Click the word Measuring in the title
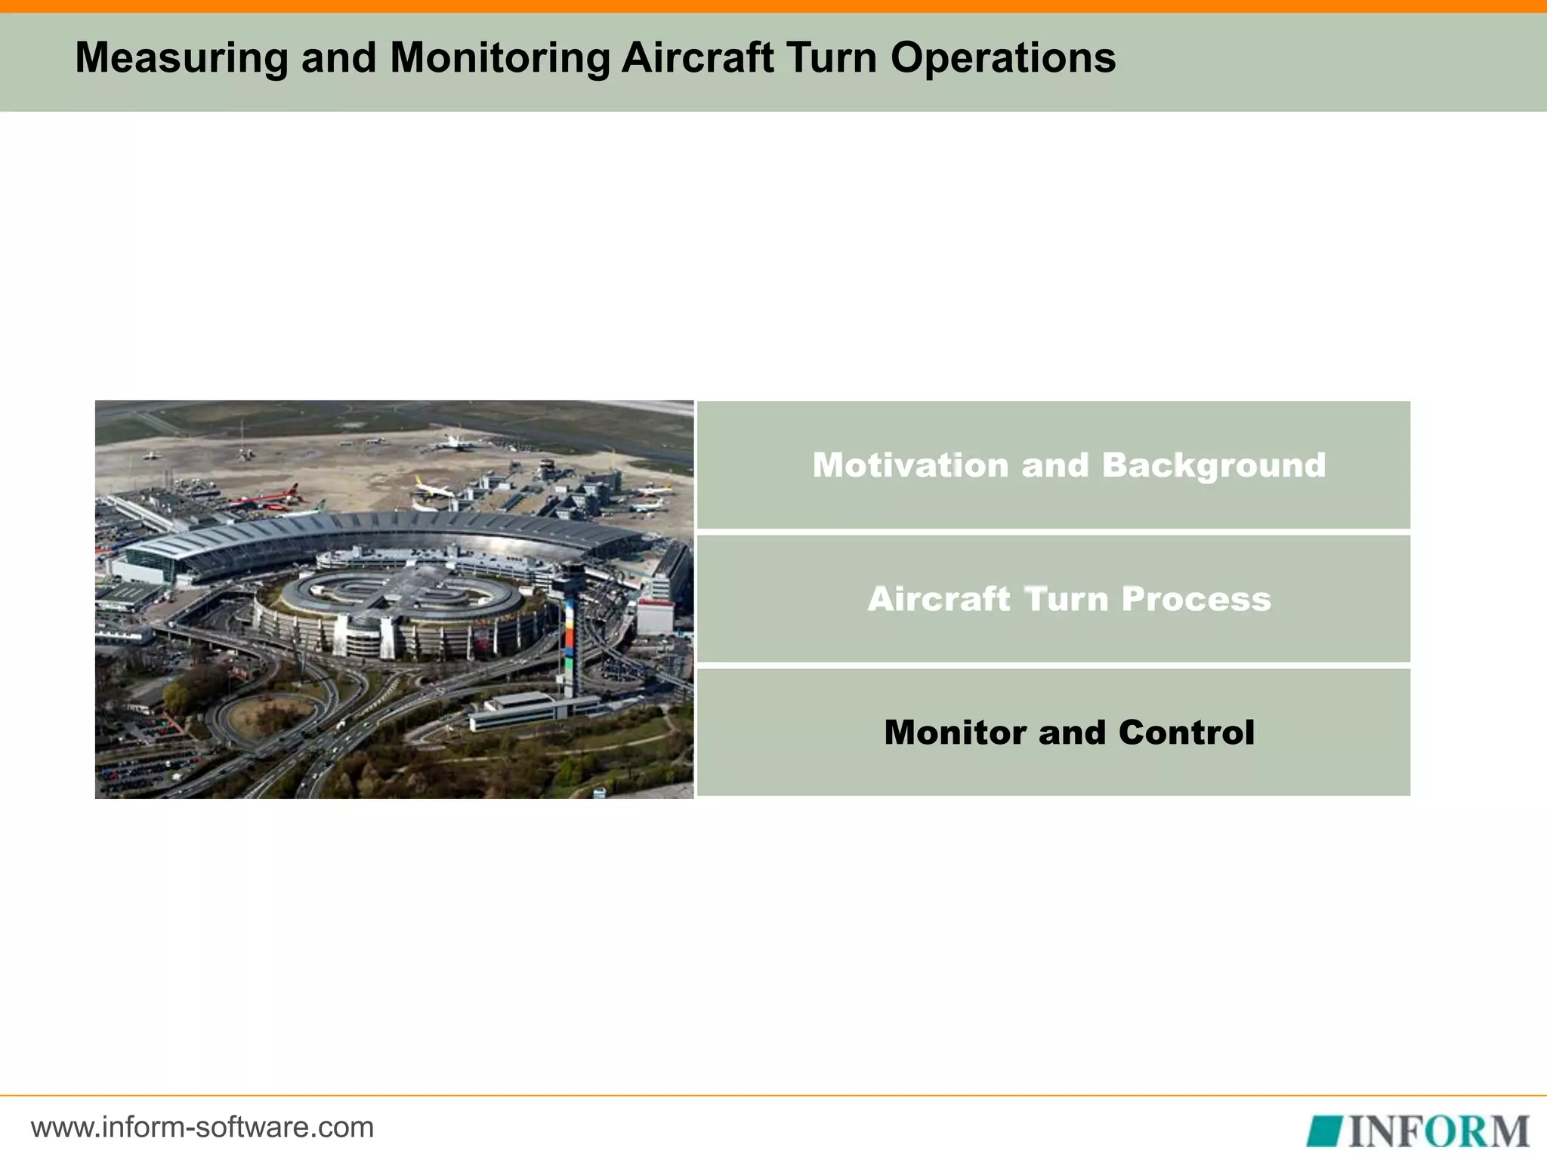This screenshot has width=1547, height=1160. click(x=181, y=57)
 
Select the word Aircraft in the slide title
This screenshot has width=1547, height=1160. click(x=696, y=57)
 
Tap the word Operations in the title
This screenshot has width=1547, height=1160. click(x=1002, y=57)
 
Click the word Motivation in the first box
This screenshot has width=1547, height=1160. click(x=909, y=465)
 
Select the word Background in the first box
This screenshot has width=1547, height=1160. click(x=1213, y=465)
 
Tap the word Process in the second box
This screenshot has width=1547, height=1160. click(x=1196, y=599)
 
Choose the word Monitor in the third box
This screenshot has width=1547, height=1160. click(x=955, y=733)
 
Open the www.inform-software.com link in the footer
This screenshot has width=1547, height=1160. click(x=202, y=1128)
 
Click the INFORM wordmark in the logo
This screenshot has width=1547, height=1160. click(x=1438, y=1131)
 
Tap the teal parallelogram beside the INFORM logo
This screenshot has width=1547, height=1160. click(x=1323, y=1131)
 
